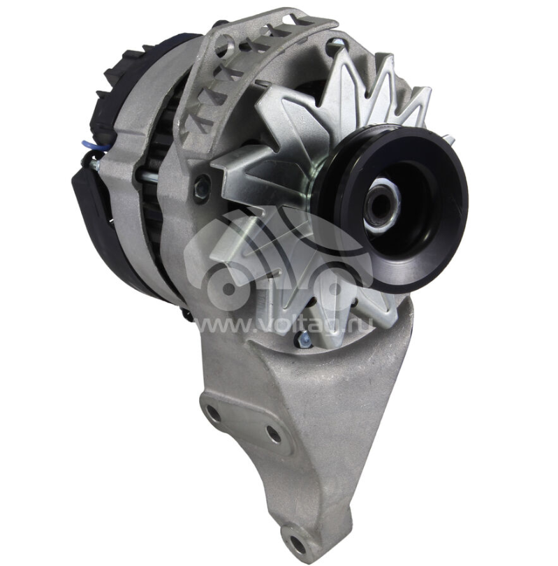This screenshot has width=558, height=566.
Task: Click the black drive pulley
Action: (x=393, y=209)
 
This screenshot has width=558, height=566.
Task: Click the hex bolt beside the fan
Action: (x=203, y=187)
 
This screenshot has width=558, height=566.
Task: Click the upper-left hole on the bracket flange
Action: (x=213, y=413)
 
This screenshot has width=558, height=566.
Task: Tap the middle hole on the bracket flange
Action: (x=273, y=434)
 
